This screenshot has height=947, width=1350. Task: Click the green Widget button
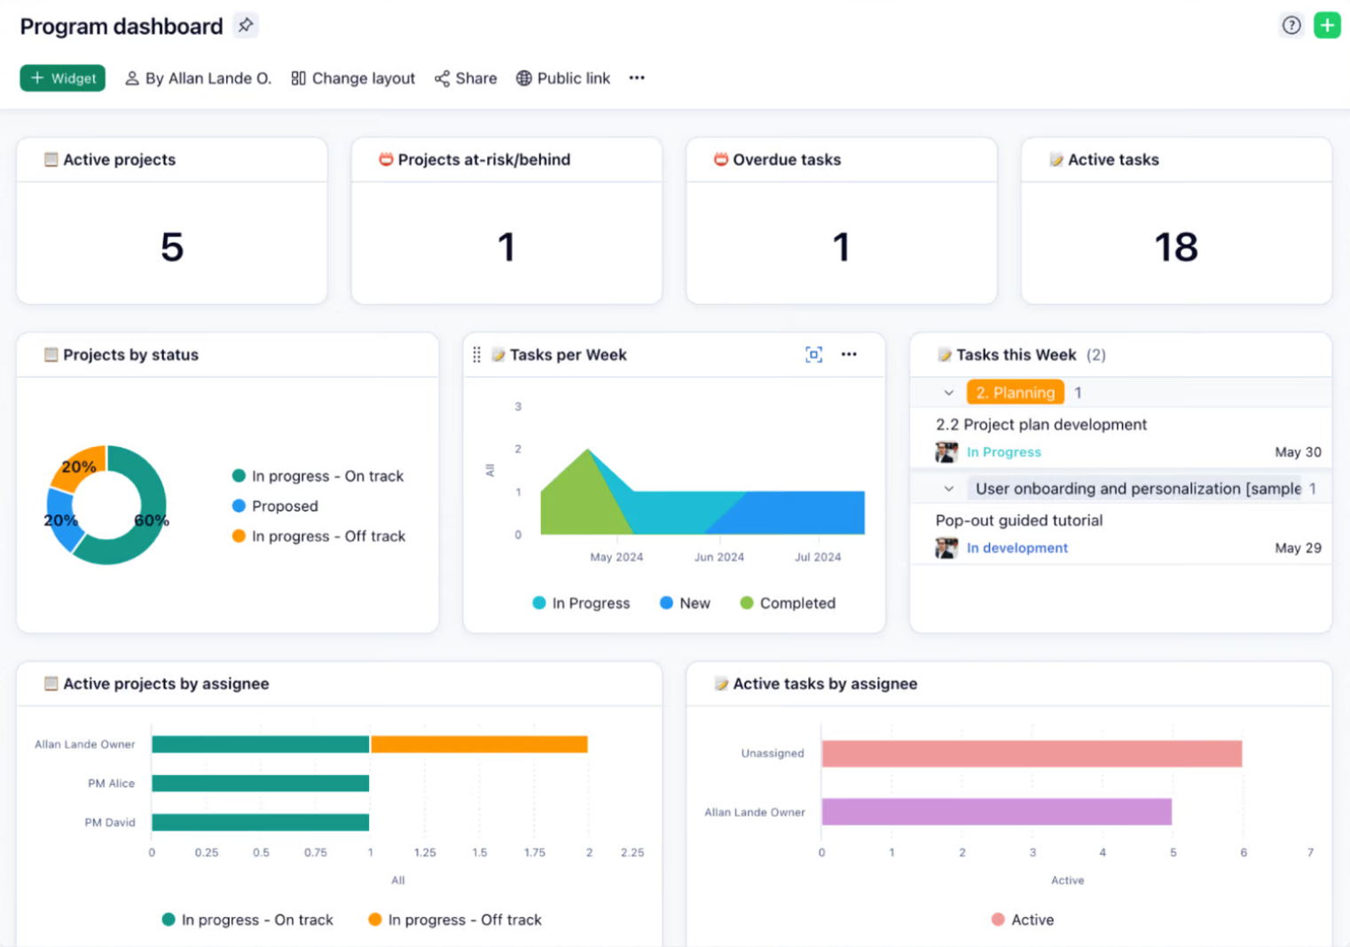(x=63, y=78)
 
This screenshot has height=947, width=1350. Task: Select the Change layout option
(x=353, y=78)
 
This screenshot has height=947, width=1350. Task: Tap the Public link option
(x=563, y=78)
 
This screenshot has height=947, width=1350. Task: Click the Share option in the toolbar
(x=466, y=78)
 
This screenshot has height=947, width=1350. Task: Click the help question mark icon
(x=1291, y=25)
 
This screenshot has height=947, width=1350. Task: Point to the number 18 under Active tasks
(x=1175, y=247)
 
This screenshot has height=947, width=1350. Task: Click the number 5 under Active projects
(x=172, y=247)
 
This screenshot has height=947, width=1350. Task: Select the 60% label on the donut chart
(x=151, y=520)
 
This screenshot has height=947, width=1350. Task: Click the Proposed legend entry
(x=284, y=506)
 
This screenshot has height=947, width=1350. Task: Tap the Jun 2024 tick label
(x=718, y=557)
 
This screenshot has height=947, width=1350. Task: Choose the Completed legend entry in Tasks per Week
(x=797, y=603)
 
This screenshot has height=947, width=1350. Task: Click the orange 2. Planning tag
(x=1015, y=393)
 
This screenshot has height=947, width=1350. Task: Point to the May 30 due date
(x=1298, y=452)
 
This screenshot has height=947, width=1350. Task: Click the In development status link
(x=1016, y=548)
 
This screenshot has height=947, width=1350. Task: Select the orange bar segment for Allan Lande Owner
(x=479, y=744)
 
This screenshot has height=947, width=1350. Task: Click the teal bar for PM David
(x=260, y=822)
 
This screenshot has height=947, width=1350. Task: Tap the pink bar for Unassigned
(x=1031, y=754)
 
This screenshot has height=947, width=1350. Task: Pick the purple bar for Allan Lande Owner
(x=996, y=811)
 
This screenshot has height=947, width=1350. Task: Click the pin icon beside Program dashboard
(x=246, y=25)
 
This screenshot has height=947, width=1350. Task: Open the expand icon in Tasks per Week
(x=813, y=355)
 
